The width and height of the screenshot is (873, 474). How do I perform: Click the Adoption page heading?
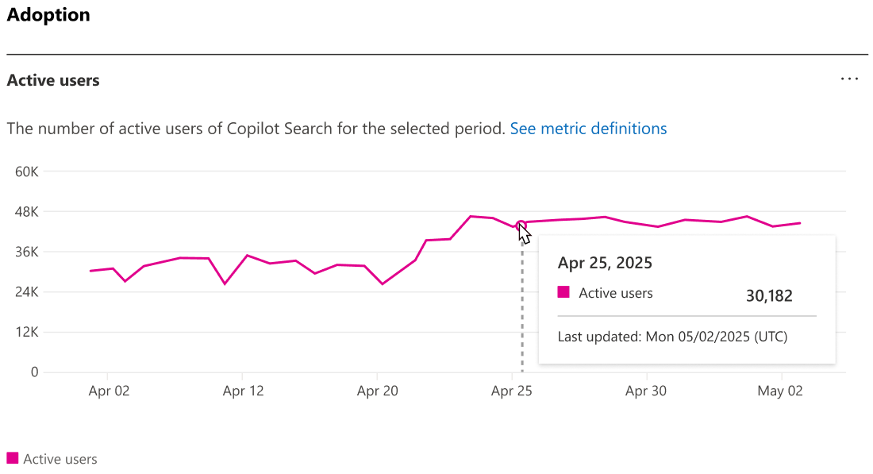click(x=48, y=15)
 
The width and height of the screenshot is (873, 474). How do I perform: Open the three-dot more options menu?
click(x=849, y=79)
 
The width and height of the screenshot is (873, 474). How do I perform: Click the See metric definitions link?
click(x=588, y=129)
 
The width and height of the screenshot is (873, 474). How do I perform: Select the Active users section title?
click(x=53, y=80)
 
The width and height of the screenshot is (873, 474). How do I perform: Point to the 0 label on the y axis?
click(x=34, y=372)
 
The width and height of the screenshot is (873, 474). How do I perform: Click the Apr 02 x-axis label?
click(x=109, y=391)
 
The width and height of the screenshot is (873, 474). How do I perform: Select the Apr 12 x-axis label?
click(x=243, y=391)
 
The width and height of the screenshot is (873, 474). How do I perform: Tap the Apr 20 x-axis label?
click(x=378, y=391)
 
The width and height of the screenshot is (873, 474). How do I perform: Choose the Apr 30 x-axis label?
click(x=646, y=391)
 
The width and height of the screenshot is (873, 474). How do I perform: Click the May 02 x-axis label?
click(x=781, y=391)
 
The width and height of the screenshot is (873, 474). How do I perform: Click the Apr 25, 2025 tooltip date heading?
click(x=605, y=263)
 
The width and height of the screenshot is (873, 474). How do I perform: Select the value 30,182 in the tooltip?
click(x=768, y=296)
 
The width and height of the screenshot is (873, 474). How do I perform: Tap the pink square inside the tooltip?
click(x=563, y=292)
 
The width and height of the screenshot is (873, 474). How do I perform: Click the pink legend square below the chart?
click(x=12, y=458)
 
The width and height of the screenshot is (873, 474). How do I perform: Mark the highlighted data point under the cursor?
click(x=521, y=225)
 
